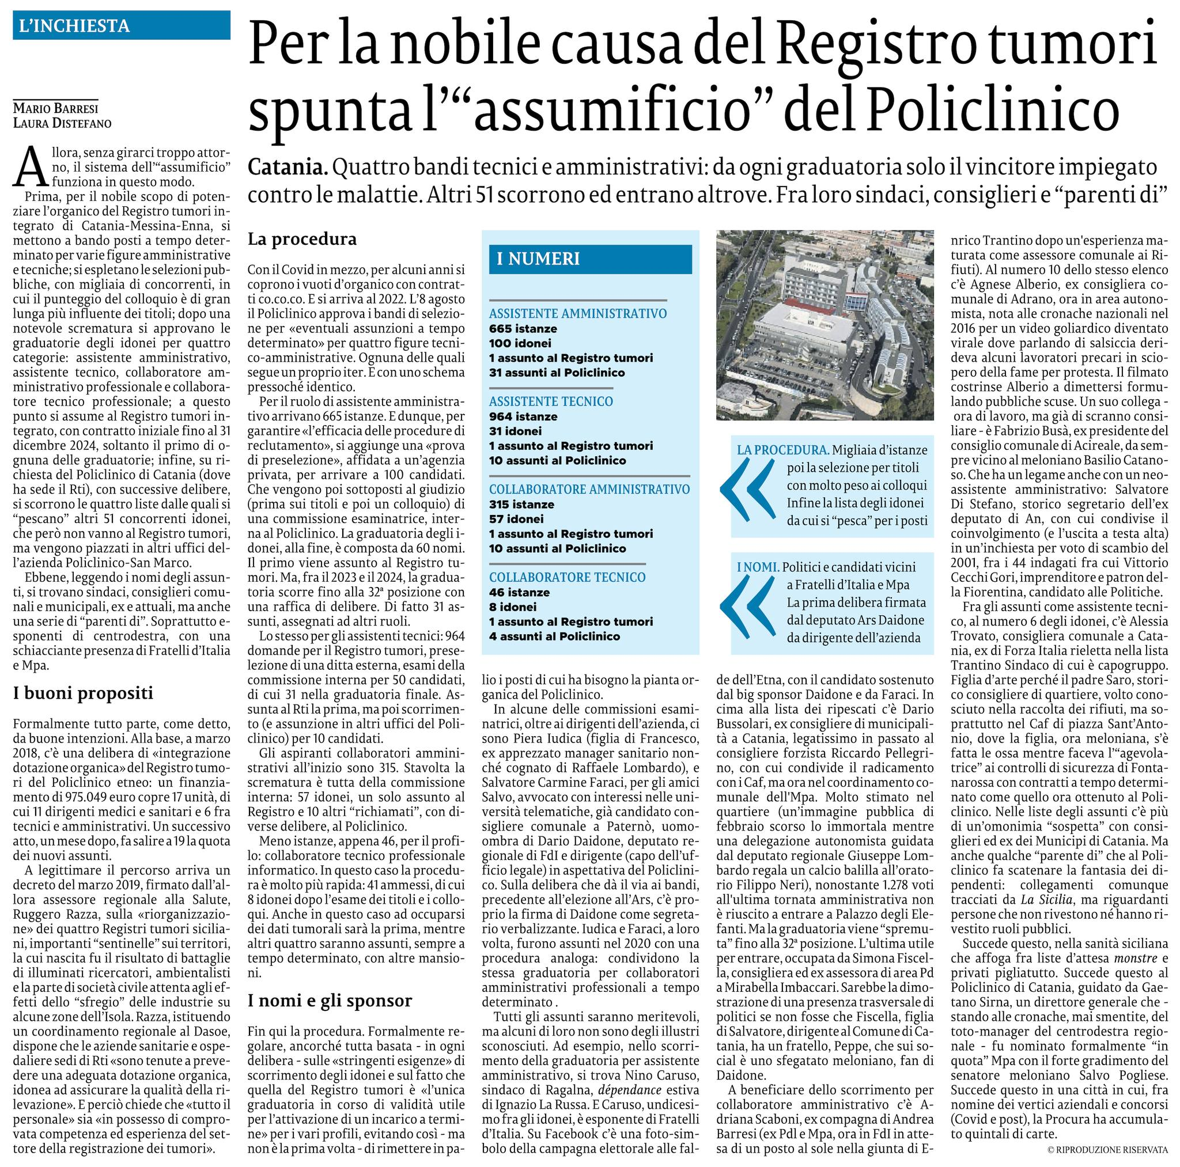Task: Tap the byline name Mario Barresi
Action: [55, 109]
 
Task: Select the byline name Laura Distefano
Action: [62, 123]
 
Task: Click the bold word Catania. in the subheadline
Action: [288, 167]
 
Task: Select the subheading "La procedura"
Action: [302, 239]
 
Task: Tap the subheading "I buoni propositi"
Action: [82, 693]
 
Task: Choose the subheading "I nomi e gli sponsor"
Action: [330, 1001]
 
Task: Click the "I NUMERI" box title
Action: [538, 259]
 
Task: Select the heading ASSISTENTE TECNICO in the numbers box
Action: [551, 401]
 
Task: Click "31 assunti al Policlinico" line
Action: [557, 373]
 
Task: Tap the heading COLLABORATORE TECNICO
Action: [567, 577]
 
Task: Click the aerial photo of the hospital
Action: [825, 325]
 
